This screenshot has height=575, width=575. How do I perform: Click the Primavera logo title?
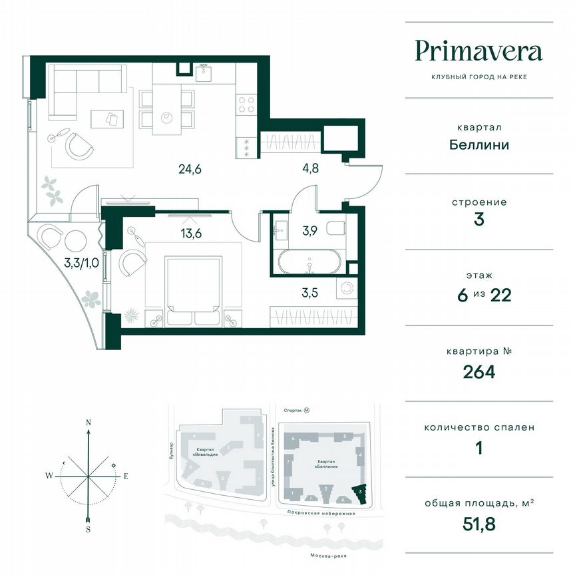coord(479,51)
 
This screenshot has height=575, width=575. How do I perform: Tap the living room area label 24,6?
coord(190,169)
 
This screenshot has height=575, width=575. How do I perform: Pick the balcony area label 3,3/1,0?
coord(82,263)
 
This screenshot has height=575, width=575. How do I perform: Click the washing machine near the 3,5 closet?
coord(347,289)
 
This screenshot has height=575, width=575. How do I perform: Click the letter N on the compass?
coord(88,422)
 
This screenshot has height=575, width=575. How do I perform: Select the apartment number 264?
coord(479,371)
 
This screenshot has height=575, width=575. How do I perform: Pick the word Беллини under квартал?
coord(479,144)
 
